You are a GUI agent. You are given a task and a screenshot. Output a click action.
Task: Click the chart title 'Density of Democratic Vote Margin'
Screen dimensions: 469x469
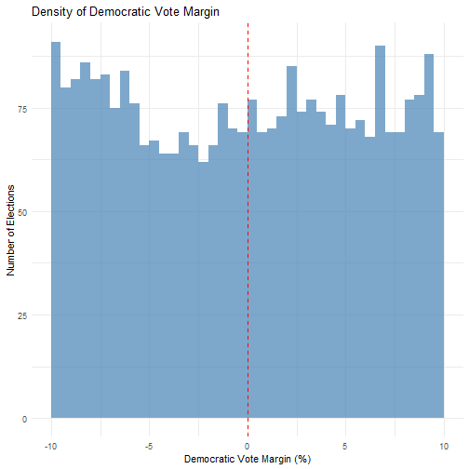126,12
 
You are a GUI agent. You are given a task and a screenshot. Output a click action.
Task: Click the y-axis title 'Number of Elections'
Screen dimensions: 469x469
10,230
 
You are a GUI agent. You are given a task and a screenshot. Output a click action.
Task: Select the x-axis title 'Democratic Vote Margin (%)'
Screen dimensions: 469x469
248,459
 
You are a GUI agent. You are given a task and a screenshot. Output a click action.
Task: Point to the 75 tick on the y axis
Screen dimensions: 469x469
22,109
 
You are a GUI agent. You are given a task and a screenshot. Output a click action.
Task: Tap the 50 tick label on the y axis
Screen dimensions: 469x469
22,212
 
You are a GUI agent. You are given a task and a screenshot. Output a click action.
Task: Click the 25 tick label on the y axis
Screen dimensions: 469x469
22,315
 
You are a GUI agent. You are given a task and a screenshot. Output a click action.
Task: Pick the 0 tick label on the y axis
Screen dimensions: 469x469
24,419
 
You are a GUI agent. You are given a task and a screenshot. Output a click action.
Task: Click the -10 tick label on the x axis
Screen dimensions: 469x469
51,446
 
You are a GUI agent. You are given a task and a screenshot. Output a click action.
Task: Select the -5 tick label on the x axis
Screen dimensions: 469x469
149,446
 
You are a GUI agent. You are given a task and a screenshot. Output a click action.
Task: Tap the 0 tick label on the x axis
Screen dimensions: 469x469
248,446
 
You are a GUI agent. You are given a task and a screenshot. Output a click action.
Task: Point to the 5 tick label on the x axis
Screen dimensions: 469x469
345,446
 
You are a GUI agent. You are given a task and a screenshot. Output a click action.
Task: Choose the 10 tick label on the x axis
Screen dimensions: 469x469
444,446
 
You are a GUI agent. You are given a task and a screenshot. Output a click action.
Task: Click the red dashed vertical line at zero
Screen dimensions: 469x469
248,230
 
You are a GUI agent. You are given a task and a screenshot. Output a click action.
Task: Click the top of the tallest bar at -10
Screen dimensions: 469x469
56,42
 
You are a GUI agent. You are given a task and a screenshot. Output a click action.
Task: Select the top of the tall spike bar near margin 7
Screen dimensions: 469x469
380,47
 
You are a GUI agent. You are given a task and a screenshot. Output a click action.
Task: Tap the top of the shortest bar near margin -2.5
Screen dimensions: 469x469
204,162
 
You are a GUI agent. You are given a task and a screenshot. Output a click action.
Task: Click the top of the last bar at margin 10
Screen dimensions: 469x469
439,133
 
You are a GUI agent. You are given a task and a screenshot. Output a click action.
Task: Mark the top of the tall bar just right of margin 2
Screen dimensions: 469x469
291,67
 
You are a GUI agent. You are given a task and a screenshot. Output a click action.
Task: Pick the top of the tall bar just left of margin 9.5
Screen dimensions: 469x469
429,54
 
